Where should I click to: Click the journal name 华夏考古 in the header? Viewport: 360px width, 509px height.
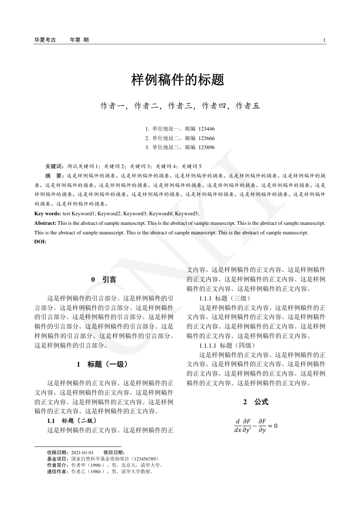point(45,40)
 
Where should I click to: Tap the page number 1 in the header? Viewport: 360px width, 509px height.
point(324,40)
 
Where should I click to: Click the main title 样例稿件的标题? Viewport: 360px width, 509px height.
point(178,80)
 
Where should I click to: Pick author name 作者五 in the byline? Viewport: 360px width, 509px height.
point(248,106)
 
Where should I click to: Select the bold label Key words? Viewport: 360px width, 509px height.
point(48,213)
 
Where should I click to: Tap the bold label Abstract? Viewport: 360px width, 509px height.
point(45,223)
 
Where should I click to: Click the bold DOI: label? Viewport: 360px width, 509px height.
point(40,242)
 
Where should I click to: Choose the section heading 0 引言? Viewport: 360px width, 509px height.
point(103,280)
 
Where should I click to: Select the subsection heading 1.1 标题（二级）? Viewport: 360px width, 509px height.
point(72,421)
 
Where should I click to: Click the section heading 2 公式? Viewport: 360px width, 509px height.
point(256,402)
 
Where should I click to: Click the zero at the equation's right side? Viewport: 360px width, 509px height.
point(275,426)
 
